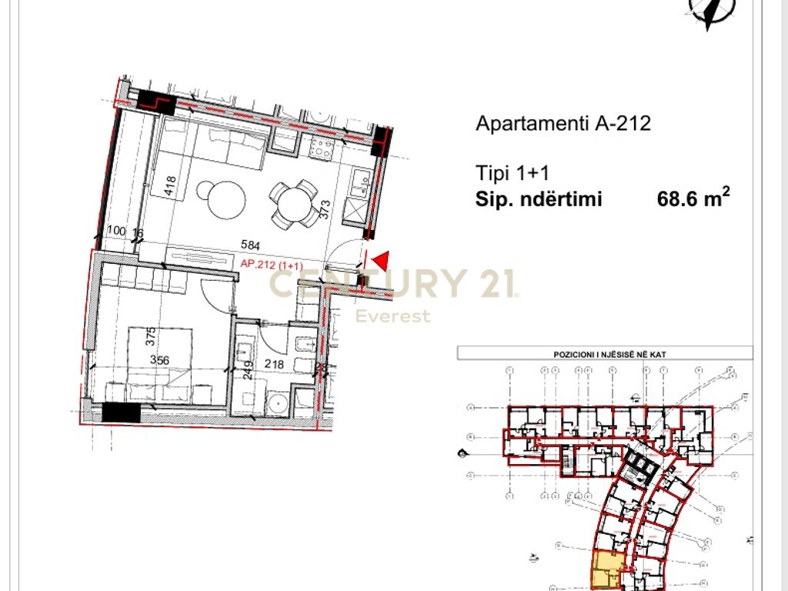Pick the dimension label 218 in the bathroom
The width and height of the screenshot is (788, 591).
pos(273,364)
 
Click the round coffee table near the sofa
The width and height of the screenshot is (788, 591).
pos(221,199)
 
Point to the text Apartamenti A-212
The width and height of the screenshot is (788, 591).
pos(563,123)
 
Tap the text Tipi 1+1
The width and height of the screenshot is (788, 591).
pos(513,172)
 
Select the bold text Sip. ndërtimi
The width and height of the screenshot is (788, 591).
pos(539,200)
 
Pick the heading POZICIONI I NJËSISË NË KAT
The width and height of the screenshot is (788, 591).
pos(605,354)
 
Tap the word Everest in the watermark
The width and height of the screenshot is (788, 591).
pos(392,316)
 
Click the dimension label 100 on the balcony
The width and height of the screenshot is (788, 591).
pos(116,230)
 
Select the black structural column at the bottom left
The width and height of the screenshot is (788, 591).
pos(121,412)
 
